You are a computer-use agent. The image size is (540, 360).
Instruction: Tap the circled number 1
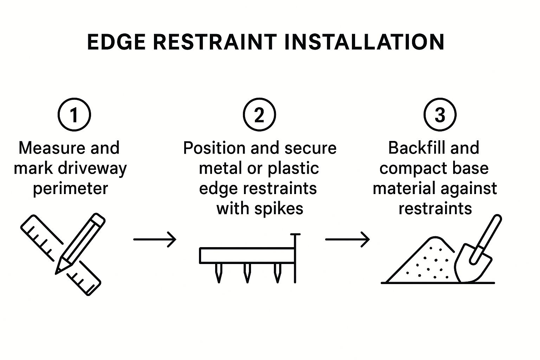click(74, 115)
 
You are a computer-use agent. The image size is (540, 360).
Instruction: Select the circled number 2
click(259, 115)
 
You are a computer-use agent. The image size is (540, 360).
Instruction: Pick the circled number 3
click(440, 115)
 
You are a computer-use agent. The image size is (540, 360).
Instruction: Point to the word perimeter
click(70, 188)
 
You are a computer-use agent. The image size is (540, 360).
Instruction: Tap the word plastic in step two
click(293, 168)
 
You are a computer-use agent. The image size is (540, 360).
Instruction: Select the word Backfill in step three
click(411, 148)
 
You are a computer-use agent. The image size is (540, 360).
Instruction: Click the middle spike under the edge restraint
click(247, 273)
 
